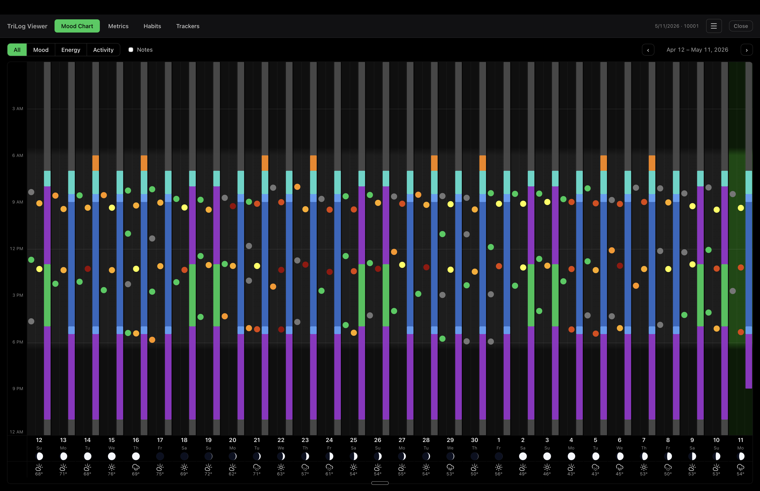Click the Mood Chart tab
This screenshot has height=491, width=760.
point(77,26)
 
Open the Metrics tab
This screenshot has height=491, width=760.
point(118,26)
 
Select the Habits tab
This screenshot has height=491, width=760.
point(152,26)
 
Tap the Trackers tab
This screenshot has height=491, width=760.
point(188,26)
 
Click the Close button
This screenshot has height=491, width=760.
point(741,26)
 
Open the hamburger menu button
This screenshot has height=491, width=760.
point(714,26)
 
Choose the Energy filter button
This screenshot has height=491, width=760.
point(71,50)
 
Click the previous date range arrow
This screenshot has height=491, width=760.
point(648,50)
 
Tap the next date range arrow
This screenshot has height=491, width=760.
point(747,50)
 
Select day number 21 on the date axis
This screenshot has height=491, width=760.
point(257,440)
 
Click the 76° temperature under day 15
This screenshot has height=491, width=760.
point(112,474)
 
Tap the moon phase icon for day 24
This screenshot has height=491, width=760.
point(329,456)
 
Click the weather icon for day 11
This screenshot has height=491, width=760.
point(741,467)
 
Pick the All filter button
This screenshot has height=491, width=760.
point(17,50)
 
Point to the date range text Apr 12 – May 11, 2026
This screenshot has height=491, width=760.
point(698,50)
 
